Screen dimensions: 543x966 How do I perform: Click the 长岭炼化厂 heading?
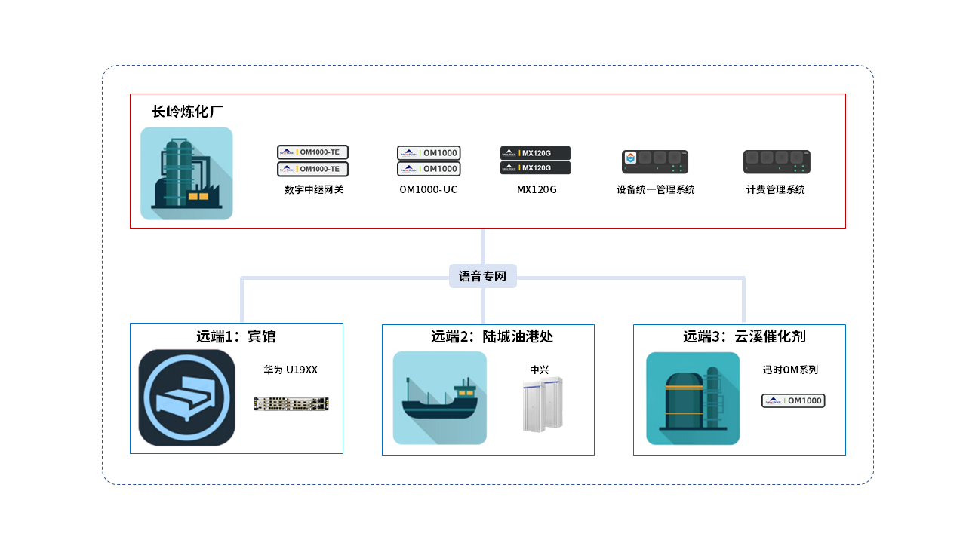click(187, 112)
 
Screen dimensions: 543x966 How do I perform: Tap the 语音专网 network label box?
click(483, 276)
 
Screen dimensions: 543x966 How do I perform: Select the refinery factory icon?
click(186, 173)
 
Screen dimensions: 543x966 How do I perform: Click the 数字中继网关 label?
click(313, 190)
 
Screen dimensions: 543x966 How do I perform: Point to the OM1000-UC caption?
click(428, 190)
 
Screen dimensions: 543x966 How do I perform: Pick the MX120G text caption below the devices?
click(537, 190)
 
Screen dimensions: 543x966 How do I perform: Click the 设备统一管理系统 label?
click(655, 190)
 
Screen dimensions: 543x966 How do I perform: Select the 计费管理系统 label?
click(775, 190)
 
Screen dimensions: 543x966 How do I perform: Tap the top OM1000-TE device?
click(312, 152)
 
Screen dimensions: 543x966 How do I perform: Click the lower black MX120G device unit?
click(535, 168)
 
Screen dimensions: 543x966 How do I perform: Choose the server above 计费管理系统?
click(777, 161)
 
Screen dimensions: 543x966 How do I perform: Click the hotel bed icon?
click(186, 397)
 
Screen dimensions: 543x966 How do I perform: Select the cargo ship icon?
click(439, 397)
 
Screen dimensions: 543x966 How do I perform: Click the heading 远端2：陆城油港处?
click(492, 336)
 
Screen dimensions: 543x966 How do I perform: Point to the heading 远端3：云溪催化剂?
click(744, 336)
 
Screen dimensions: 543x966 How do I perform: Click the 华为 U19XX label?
click(291, 370)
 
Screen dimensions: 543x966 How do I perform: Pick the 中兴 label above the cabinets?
click(539, 370)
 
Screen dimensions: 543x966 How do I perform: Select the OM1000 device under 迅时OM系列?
click(793, 401)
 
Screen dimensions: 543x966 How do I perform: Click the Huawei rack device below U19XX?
click(291, 403)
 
